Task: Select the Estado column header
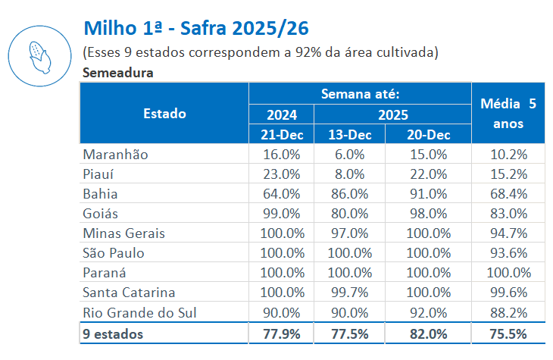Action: click(164, 114)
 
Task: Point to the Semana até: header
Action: click(360, 94)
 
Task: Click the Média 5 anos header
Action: click(508, 113)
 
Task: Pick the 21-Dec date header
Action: click(280, 135)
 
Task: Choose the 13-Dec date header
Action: click(349, 135)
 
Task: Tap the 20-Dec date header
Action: click(428, 135)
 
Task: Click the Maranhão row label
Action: click(115, 154)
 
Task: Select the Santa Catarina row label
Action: click(129, 293)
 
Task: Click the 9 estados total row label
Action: click(113, 333)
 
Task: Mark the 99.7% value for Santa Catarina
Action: click(349, 293)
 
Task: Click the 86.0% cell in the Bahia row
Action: click(349, 193)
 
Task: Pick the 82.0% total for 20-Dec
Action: click(428, 333)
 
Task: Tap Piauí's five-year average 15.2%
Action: click(508, 174)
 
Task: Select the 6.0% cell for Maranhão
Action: click(349, 154)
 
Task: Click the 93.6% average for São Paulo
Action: click(508, 253)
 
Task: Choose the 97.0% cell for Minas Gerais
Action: click(349, 233)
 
